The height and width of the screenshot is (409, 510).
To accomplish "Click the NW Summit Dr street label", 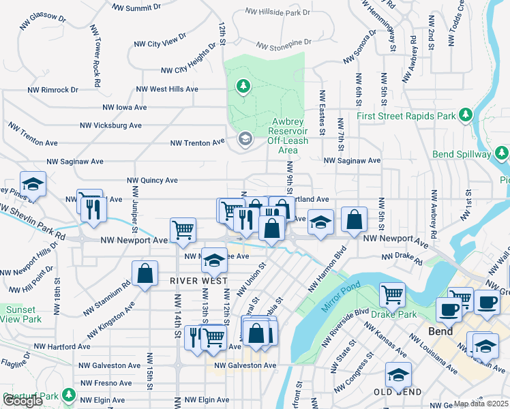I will click(x=140, y=8).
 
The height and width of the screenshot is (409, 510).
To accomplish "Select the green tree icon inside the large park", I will click(x=242, y=86).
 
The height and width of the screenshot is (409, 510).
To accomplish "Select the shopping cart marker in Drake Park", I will click(x=392, y=294).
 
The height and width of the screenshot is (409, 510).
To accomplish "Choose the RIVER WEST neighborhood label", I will click(x=198, y=280).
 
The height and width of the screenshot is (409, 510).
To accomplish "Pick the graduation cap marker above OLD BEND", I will click(x=398, y=374).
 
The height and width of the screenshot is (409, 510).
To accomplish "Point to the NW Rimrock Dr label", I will click(x=52, y=89).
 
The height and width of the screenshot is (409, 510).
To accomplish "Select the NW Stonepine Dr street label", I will click(x=284, y=44).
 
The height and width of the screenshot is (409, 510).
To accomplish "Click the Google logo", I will click(x=22, y=401).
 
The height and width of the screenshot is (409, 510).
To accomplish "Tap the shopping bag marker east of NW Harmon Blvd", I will click(x=354, y=219).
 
